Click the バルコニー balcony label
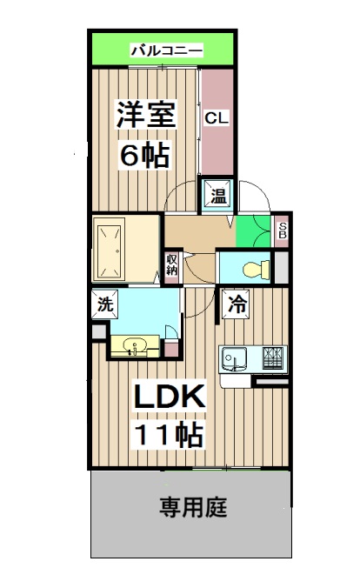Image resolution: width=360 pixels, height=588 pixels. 166,50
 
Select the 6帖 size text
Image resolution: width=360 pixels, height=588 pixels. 144,157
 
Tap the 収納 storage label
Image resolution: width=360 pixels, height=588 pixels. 172,263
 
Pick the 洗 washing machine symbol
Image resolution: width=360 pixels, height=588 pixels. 104,305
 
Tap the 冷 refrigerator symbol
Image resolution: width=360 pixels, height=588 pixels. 237,304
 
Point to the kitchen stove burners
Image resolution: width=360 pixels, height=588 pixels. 270,357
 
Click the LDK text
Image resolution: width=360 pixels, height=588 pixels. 168,398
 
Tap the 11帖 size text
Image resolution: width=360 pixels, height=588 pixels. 168,434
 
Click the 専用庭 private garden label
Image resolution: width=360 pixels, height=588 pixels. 193,508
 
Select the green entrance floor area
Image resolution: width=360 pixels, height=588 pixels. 252,228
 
